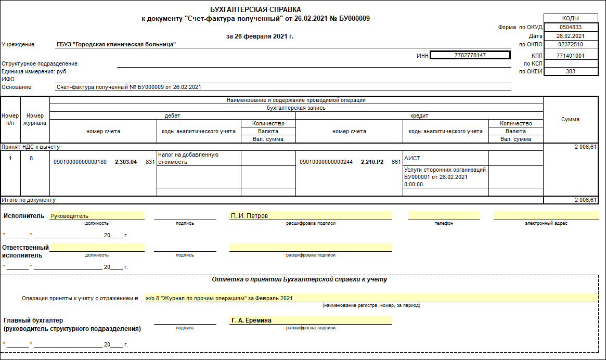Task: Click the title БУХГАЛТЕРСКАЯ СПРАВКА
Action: pyautogui.click(x=255, y=10)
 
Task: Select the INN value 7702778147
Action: pyautogui.click(x=470, y=55)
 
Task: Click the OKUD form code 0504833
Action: pyautogui.click(x=571, y=27)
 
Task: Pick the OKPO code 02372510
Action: pyautogui.click(x=571, y=45)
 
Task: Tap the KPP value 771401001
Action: pyautogui.click(x=571, y=56)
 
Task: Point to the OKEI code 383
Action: pyautogui.click(x=571, y=71)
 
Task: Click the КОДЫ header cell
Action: pyautogui.click(x=571, y=18)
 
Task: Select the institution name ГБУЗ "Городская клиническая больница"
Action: pyautogui.click(x=116, y=44)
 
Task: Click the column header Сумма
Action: pyautogui.click(x=570, y=119)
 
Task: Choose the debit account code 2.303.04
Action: pyautogui.click(x=126, y=162)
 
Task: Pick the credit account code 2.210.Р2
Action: pyautogui.click(x=372, y=162)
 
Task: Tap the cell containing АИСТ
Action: pyautogui.click(x=412, y=158)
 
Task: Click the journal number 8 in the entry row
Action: pyautogui.click(x=31, y=158)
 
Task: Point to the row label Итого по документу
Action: pyautogui.click(x=29, y=200)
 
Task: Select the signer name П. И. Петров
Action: pyautogui.click(x=249, y=216)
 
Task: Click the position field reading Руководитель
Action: pyautogui.click(x=69, y=216)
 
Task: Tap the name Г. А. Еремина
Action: pyautogui.click(x=251, y=320)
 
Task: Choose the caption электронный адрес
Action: pyautogui.click(x=546, y=223)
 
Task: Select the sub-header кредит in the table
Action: pyautogui.click(x=419, y=115)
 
